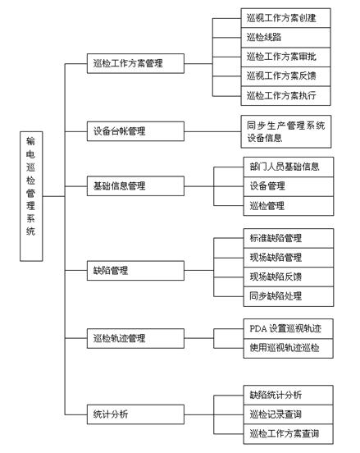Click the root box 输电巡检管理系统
(x=31, y=196)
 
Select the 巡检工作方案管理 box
(x=135, y=63)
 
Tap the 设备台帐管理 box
(x=135, y=131)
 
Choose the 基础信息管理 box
(x=135, y=186)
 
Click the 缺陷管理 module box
(x=135, y=271)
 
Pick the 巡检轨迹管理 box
(x=135, y=338)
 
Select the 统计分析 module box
(x=135, y=414)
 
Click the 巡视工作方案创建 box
(x=286, y=18)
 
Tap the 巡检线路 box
(x=286, y=38)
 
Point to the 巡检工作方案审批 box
(x=286, y=57)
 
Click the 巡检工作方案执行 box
(x=286, y=96)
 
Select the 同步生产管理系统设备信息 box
(x=286, y=132)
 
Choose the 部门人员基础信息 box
(x=289, y=167)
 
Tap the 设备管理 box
(x=289, y=186)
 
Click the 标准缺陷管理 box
(x=289, y=238)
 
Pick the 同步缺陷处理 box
(x=289, y=296)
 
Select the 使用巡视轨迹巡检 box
(x=289, y=349)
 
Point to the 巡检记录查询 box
(x=289, y=414)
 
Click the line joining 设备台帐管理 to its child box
(x=212, y=132)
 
